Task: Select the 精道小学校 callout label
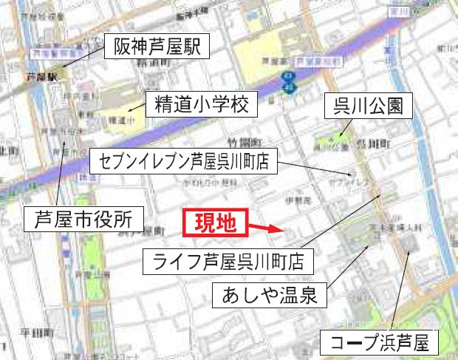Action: (201, 105)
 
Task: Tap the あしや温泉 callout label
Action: (269, 297)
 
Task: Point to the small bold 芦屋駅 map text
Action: (35, 76)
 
